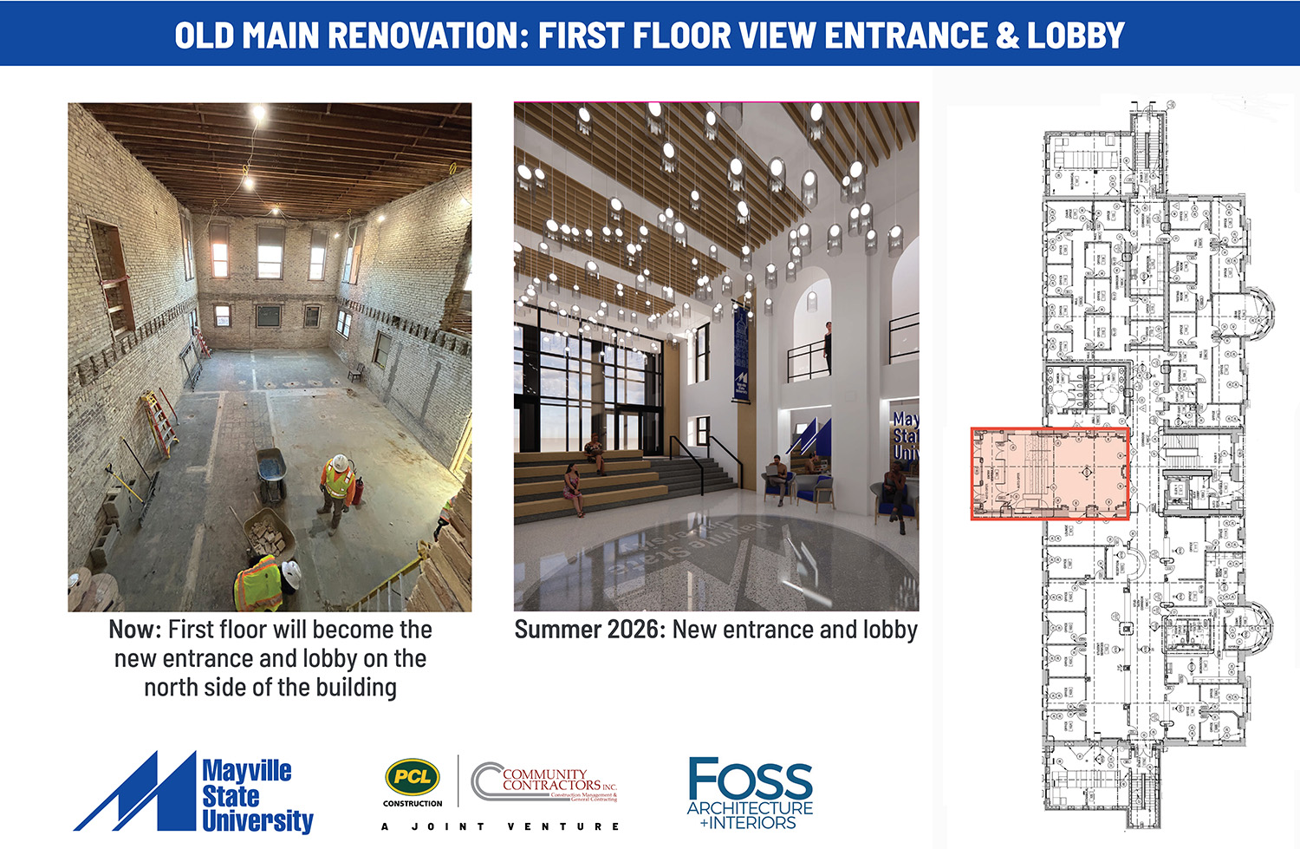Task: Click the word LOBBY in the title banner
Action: coord(1075,35)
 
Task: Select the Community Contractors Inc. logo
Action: coord(546,781)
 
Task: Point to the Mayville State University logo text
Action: coord(257,795)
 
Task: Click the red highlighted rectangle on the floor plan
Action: coord(1050,473)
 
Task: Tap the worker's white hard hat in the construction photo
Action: coord(340,462)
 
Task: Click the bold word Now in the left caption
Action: coord(134,630)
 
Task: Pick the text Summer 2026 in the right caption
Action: coord(588,630)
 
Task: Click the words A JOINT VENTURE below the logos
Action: coord(501,826)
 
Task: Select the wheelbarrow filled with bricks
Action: coord(268,535)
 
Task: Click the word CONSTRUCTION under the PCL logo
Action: coord(413,804)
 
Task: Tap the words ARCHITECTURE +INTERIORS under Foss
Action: coord(751,815)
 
